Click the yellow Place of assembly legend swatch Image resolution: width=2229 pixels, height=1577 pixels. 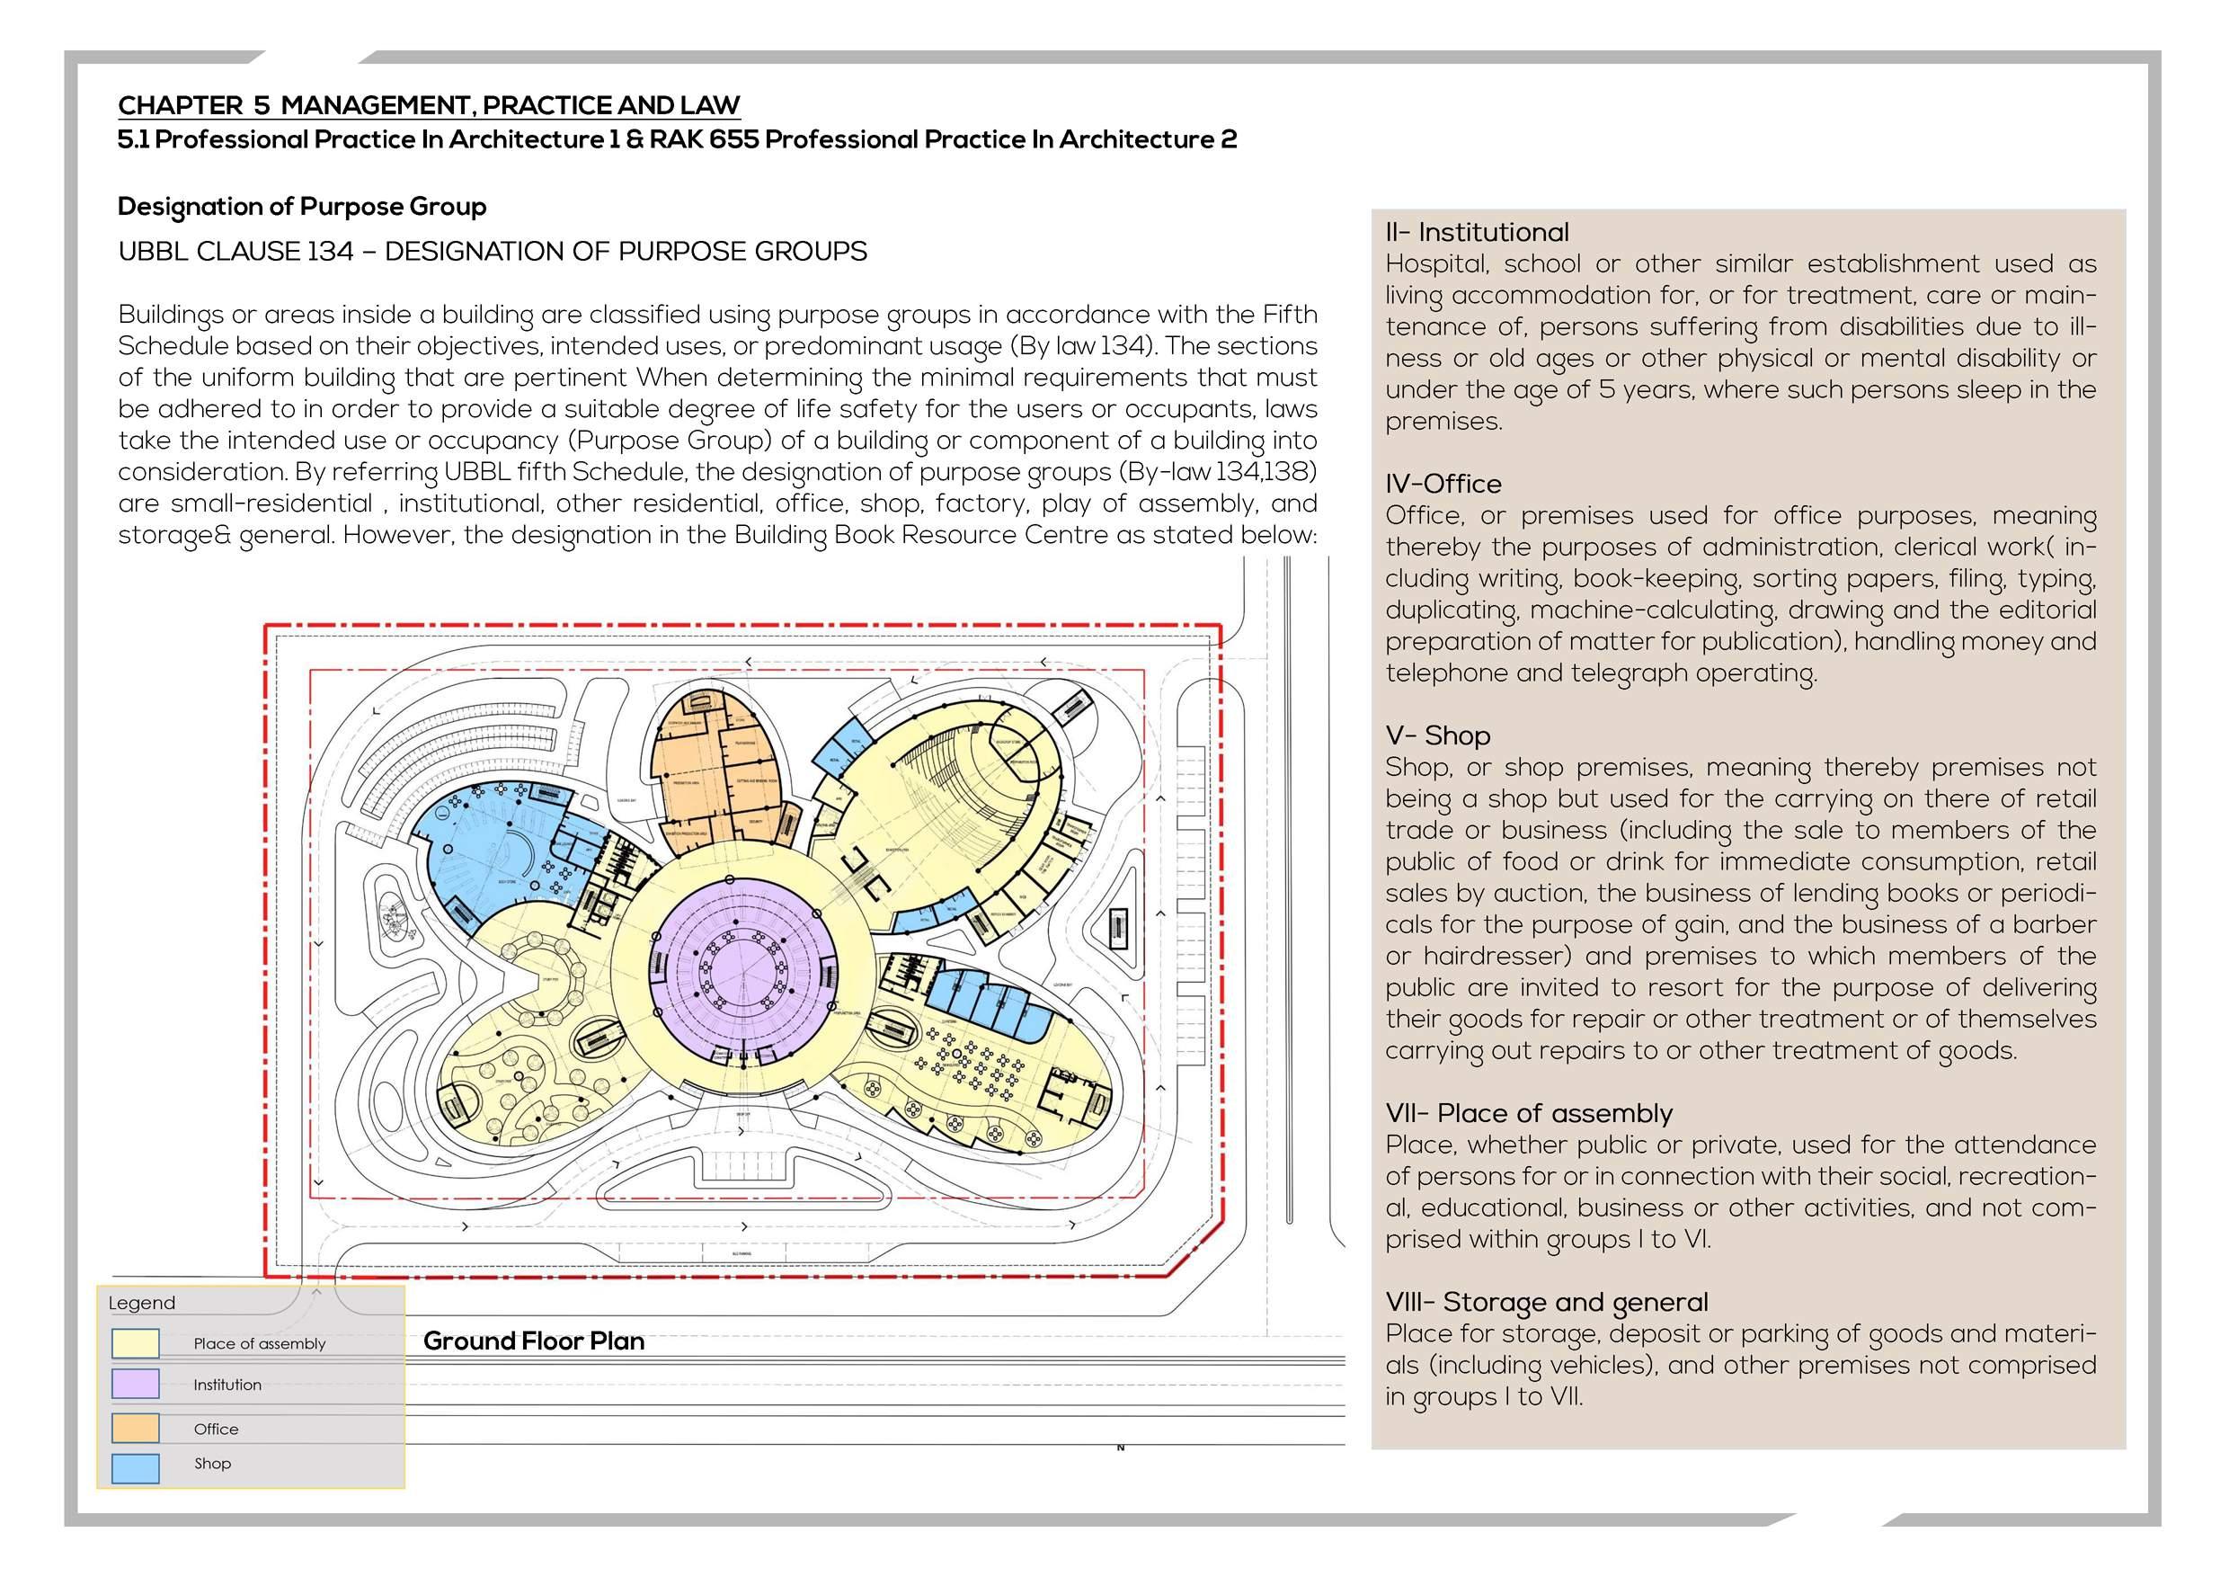coord(135,1343)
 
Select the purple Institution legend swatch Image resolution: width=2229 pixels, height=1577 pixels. coord(135,1384)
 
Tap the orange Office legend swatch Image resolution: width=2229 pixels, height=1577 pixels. coord(135,1428)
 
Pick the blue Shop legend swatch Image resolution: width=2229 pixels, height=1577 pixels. coord(135,1467)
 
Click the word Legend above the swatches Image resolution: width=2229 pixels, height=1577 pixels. coord(142,1303)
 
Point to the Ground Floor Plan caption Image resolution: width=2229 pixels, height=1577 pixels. coord(533,1341)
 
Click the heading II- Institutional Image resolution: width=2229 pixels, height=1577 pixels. coord(1476,232)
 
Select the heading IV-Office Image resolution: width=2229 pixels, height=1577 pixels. coord(1443,484)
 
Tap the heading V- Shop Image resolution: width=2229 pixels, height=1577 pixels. coord(1437,735)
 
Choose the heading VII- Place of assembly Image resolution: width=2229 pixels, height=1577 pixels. coord(1528,1113)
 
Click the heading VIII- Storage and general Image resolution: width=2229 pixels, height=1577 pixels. coord(1547,1302)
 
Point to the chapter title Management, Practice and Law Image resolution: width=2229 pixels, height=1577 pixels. coord(511,105)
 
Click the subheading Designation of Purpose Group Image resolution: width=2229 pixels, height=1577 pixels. coord(302,207)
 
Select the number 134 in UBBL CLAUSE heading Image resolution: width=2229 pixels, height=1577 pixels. coord(330,252)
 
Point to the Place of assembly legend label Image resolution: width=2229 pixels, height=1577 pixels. coord(259,1344)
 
